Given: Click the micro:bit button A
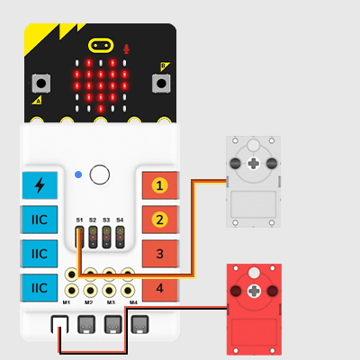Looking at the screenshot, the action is pos(41,83).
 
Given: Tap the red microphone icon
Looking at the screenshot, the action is pos(126,49).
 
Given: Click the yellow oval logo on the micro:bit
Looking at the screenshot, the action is pos(101,46).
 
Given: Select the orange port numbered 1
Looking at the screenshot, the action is pos(159,185).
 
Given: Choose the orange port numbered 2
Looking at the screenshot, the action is pos(159,220).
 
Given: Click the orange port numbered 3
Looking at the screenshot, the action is pos(159,254).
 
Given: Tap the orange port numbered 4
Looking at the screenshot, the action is pos(159,288).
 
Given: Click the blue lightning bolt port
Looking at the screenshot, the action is pos(40,185).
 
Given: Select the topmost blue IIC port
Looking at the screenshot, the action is pos(40,220).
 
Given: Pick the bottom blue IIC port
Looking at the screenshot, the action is pos(40,288).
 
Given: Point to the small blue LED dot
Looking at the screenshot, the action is pos(78,175).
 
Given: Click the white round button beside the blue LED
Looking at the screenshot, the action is pos(100,175).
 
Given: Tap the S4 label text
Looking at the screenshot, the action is pos(120,220).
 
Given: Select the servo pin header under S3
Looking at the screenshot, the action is pos(106,238).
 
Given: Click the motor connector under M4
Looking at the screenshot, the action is pos(139,324).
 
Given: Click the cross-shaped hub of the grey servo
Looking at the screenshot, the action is pos(254,164).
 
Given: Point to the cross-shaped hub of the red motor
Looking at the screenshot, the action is pos(254,291).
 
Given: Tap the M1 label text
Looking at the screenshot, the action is pos(67,302).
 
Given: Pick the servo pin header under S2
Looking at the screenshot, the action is pos(93,238).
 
